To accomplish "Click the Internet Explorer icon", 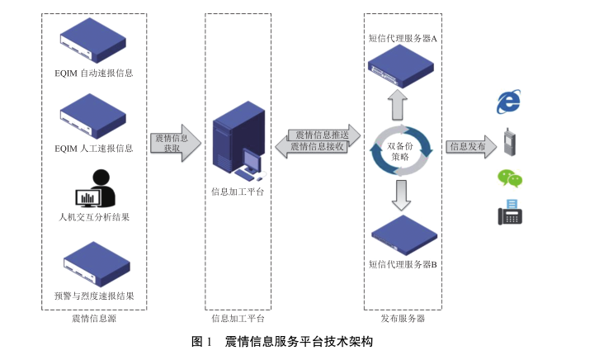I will (x=509, y=102).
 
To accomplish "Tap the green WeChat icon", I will (x=509, y=178).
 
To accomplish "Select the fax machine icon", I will (x=510, y=212).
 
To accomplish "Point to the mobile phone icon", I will (x=509, y=142).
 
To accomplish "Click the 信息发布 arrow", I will (x=471, y=147).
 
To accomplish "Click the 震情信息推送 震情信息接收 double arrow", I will (x=318, y=140).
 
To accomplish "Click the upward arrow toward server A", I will (x=399, y=105).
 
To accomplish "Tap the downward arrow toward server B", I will (x=401, y=194).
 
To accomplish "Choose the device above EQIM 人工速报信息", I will (x=92, y=115).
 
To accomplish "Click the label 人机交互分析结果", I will (x=94, y=217).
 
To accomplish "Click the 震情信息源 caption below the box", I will (x=92, y=318).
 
